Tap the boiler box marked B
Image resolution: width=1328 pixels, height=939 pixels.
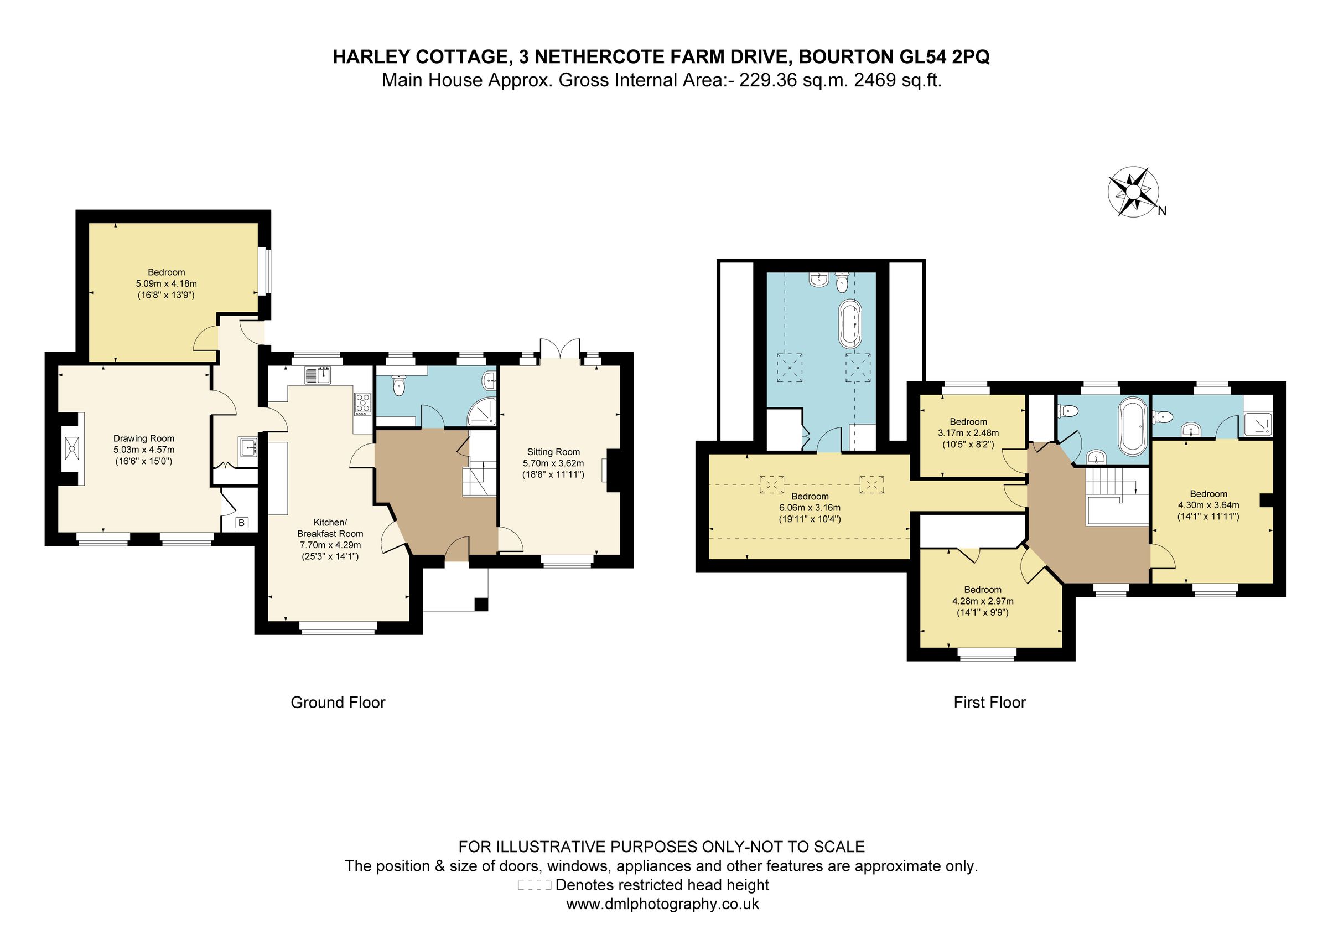pyautogui.click(x=242, y=523)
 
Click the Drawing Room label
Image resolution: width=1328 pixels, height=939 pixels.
pyautogui.click(x=143, y=438)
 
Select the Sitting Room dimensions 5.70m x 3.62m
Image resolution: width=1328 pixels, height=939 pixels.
pyautogui.click(x=553, y=463)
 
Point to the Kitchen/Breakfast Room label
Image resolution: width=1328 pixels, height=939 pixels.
pyautogui.click(x=330, y=528)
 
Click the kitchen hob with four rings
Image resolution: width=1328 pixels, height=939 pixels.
pyautogui.click(x=362, y=403)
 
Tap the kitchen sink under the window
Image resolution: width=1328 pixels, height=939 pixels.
pyautogui.click(x=317, y=375)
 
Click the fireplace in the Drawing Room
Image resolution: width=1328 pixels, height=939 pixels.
pyautogui.click(x=74, y=448)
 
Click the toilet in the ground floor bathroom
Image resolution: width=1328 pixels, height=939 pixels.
pyautogui.click(x=398, y=386)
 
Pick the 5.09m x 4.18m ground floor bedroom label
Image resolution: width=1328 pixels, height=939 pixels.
pyautogui.click(x=166, y=283)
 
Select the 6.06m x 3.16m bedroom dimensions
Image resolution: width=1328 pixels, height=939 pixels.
pyautogui.click(x=810, y=507)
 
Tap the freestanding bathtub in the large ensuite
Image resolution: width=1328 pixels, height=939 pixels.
pyautogui.click(x=850, y=324)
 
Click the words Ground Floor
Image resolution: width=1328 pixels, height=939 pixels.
pyautogui.click(x=338, y=703)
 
